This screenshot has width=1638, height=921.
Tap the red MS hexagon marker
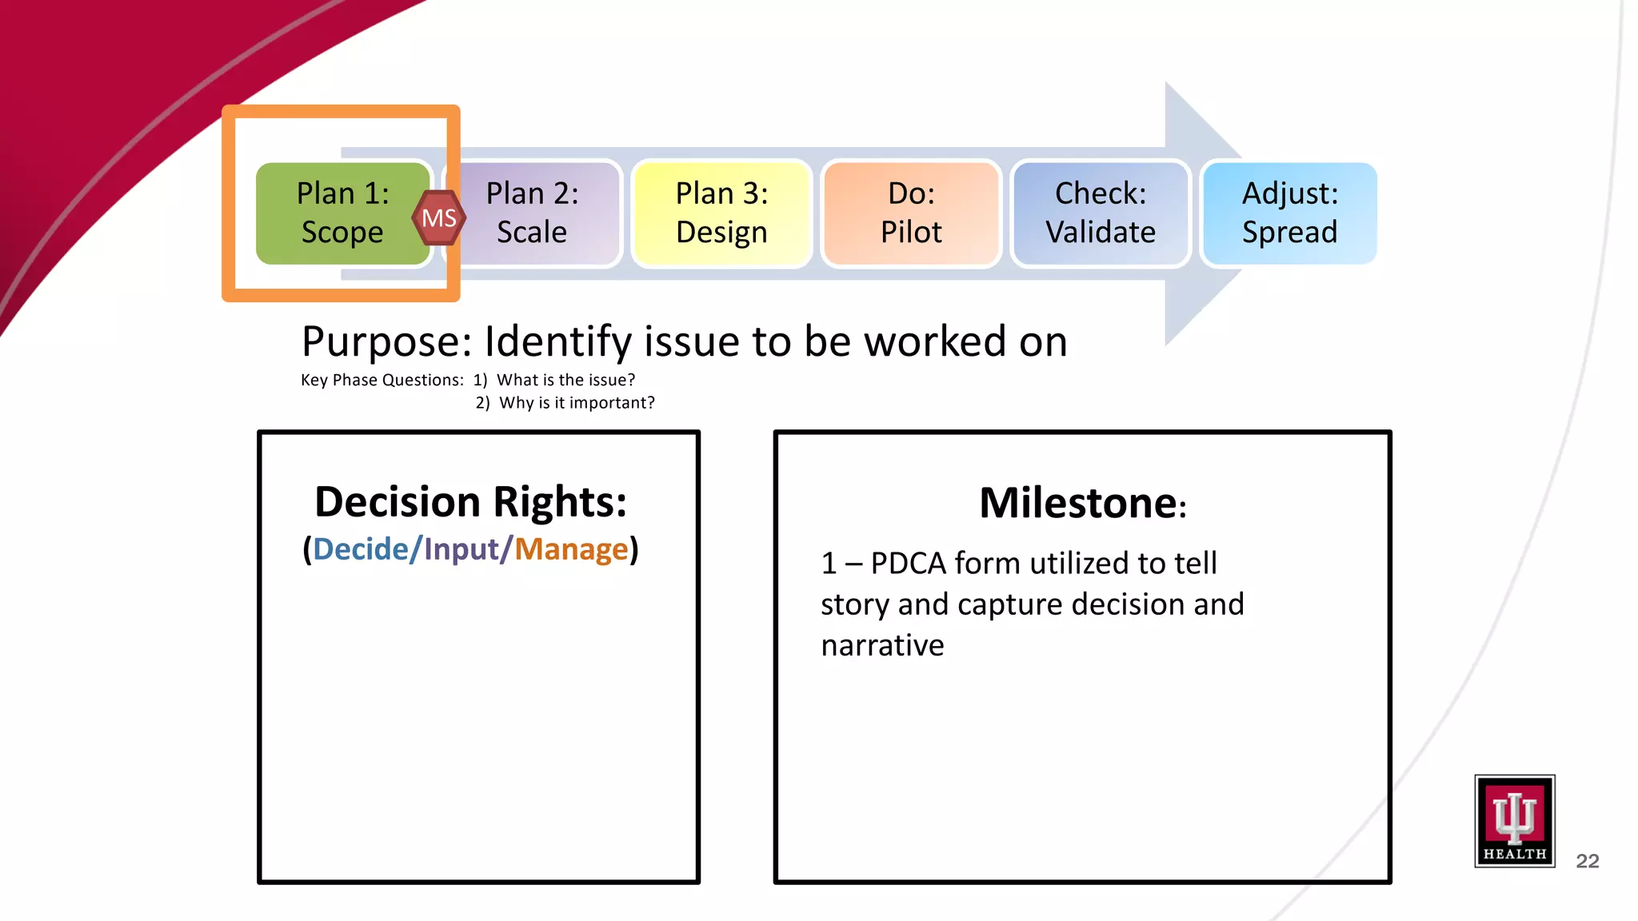[439, 217]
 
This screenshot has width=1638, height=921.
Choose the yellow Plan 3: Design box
[721, 213]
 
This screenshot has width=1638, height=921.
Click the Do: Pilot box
[911, 213]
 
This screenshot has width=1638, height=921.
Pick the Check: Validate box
[1101, 213]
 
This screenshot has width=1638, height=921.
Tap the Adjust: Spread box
[1289, 213]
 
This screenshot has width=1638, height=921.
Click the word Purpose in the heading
[387, 342]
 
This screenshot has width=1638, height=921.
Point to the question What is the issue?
[565, 380]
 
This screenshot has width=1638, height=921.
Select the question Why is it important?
[577, 403]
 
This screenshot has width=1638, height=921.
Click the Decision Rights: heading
[470, 502]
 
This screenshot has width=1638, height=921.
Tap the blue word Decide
[360, 549]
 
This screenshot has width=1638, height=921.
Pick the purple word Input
[461, 549]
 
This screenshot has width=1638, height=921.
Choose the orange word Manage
[571, 549]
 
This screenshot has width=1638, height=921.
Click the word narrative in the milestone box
[882, 645]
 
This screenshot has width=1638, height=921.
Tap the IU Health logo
[1514, 820]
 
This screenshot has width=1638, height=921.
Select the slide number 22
[1587, 861]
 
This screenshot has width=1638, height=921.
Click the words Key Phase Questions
[382, 381]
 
